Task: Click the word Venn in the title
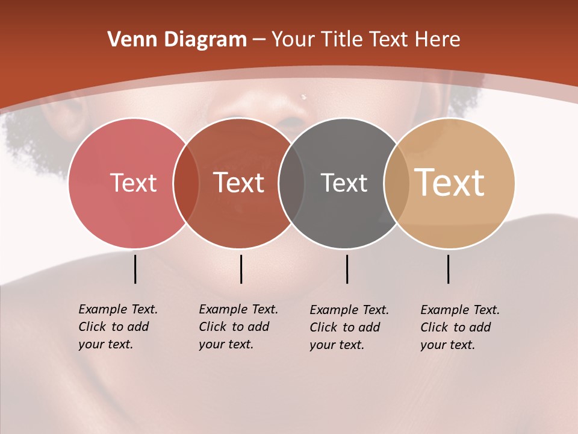[128, 40]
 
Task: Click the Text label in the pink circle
[133, 183]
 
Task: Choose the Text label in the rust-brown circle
[239, 183]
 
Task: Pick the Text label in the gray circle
[344, 183]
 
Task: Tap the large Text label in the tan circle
[450, 183]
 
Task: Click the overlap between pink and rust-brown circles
[186, 183]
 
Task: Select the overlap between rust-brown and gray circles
[291, 183]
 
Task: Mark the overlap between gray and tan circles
[397, 183]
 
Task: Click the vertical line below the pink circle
[135, 269]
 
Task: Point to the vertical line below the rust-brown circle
[241, 269]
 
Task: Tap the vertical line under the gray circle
[347, 269]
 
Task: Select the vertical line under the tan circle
[448, 269]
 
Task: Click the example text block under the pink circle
[118, 327]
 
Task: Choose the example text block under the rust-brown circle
[238, 327]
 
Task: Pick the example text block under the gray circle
[349, 327]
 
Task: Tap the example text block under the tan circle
[460, 327]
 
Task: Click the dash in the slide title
[259, 40]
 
